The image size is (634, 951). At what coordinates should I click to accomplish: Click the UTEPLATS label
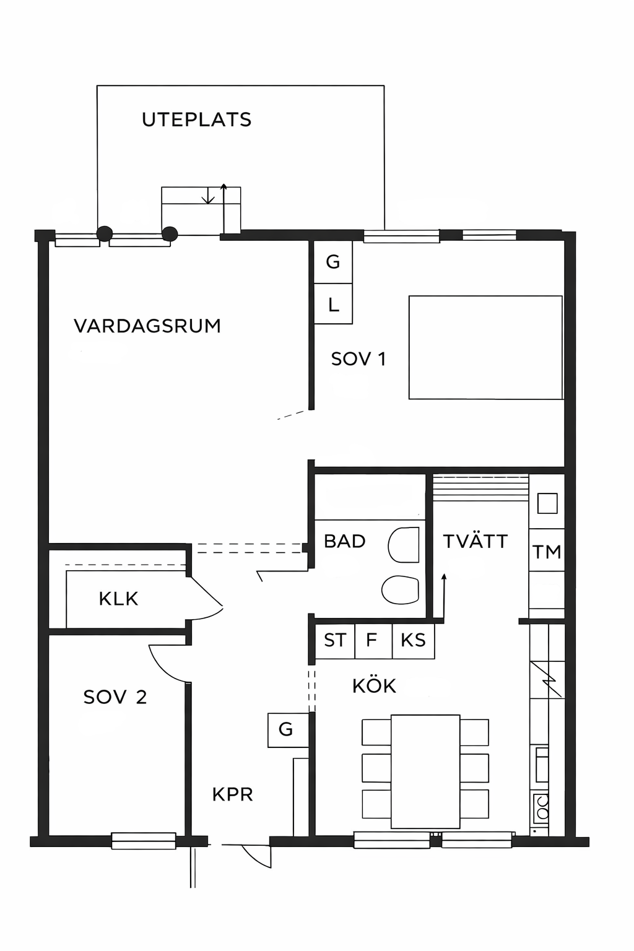(x=197, y=119)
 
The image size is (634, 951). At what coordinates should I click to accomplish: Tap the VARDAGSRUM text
(x=147, y=326)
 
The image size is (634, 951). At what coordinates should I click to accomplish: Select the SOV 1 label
(x=358, y=359)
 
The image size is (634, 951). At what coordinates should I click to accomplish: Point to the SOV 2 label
(x=115, y=697)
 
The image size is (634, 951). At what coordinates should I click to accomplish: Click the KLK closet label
(x=118, y=599)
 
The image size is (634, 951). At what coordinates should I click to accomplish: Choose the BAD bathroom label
(x=345, y=541)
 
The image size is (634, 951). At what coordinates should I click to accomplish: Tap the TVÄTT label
(x=475, y=541)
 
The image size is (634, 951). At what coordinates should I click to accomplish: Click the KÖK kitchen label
(x=374, y=685)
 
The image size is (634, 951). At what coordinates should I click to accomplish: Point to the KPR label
(x=233, y=794)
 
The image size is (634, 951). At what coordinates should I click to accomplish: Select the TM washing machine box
(x=547, y=550)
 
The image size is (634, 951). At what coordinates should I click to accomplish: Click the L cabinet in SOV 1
(x=333, y=304)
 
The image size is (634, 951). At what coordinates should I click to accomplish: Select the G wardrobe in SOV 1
(x=333, y=263)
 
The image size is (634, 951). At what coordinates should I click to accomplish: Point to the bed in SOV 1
(x=486, y=348)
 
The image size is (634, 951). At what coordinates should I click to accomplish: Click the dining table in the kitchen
(x=425, y=771)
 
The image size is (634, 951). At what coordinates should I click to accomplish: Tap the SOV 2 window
(x=144, y=841)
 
